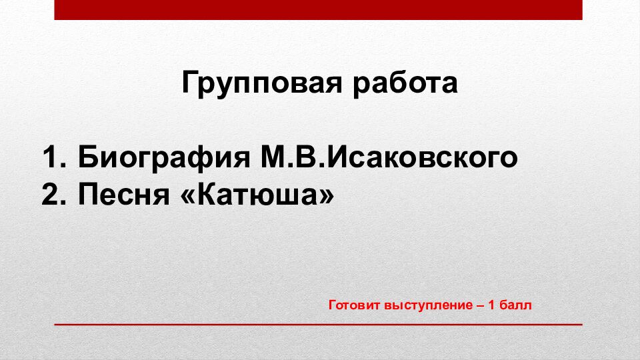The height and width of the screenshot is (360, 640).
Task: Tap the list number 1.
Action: click(51, 159)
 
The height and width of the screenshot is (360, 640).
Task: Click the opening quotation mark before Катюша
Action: click(189, 195)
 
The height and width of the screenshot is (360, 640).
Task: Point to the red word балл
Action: click(518, 305)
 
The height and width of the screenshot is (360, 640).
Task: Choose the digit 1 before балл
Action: click(493, 305)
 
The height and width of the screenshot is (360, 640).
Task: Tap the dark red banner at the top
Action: click(318, 9)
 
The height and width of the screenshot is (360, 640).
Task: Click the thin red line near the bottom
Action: click(318, 324)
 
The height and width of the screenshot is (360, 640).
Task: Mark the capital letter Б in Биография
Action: click(87, 159)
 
